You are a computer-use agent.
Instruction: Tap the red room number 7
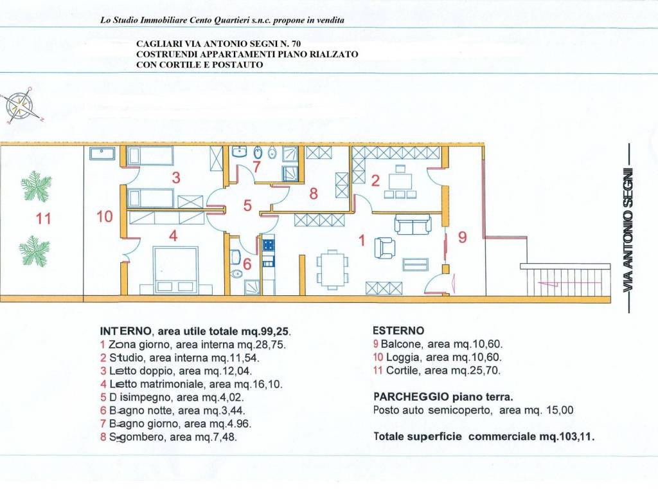pyautogui.click(x=256, y=167)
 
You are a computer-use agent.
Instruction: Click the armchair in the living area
pyautogui.click(x=384, y=247)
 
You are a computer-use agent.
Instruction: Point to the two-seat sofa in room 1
pyautogui.click(x=413, y=224)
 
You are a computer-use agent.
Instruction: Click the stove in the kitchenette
pyautogui.click(x=268, y=244)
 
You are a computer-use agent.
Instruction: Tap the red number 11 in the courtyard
pyautogui.click(x=43, y=219)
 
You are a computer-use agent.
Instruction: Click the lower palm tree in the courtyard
pyautogui.click(x=35, y=251)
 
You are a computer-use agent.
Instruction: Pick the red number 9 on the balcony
pyautogui.click(x=463, y=237)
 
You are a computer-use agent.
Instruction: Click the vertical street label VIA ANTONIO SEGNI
pyautogui.click(x=628, y=230)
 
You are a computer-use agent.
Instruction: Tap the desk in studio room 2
pyautogui.click(x=400, y=181)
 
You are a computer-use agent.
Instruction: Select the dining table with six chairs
pyautogui.click(x=332, y=270)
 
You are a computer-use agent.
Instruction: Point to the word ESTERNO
pyautogui.click(x=398, y=331)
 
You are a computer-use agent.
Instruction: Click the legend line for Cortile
pyautogui.click(x=436, y=370)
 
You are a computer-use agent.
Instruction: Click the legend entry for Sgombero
pyautogui.click(x=168, y=437)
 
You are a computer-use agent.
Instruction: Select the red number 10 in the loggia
pyautogui.click(x=105, y=217)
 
